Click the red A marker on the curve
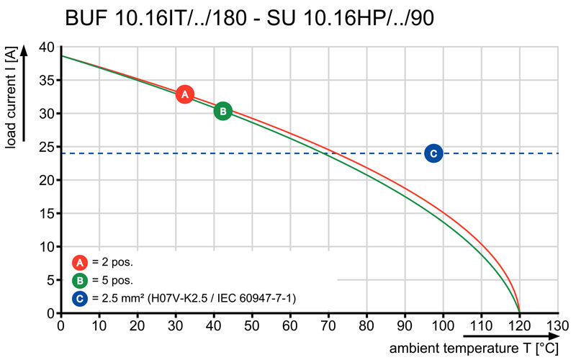tap(185, 94)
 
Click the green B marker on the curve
tap(223, 111)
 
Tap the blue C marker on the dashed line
tap(433, 153)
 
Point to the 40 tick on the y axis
tap(47, 48)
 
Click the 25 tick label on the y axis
tap(47, 148)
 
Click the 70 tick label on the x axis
tap(328, 325)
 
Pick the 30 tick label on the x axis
tap(176, 325)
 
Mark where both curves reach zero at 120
tap(520, 312)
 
